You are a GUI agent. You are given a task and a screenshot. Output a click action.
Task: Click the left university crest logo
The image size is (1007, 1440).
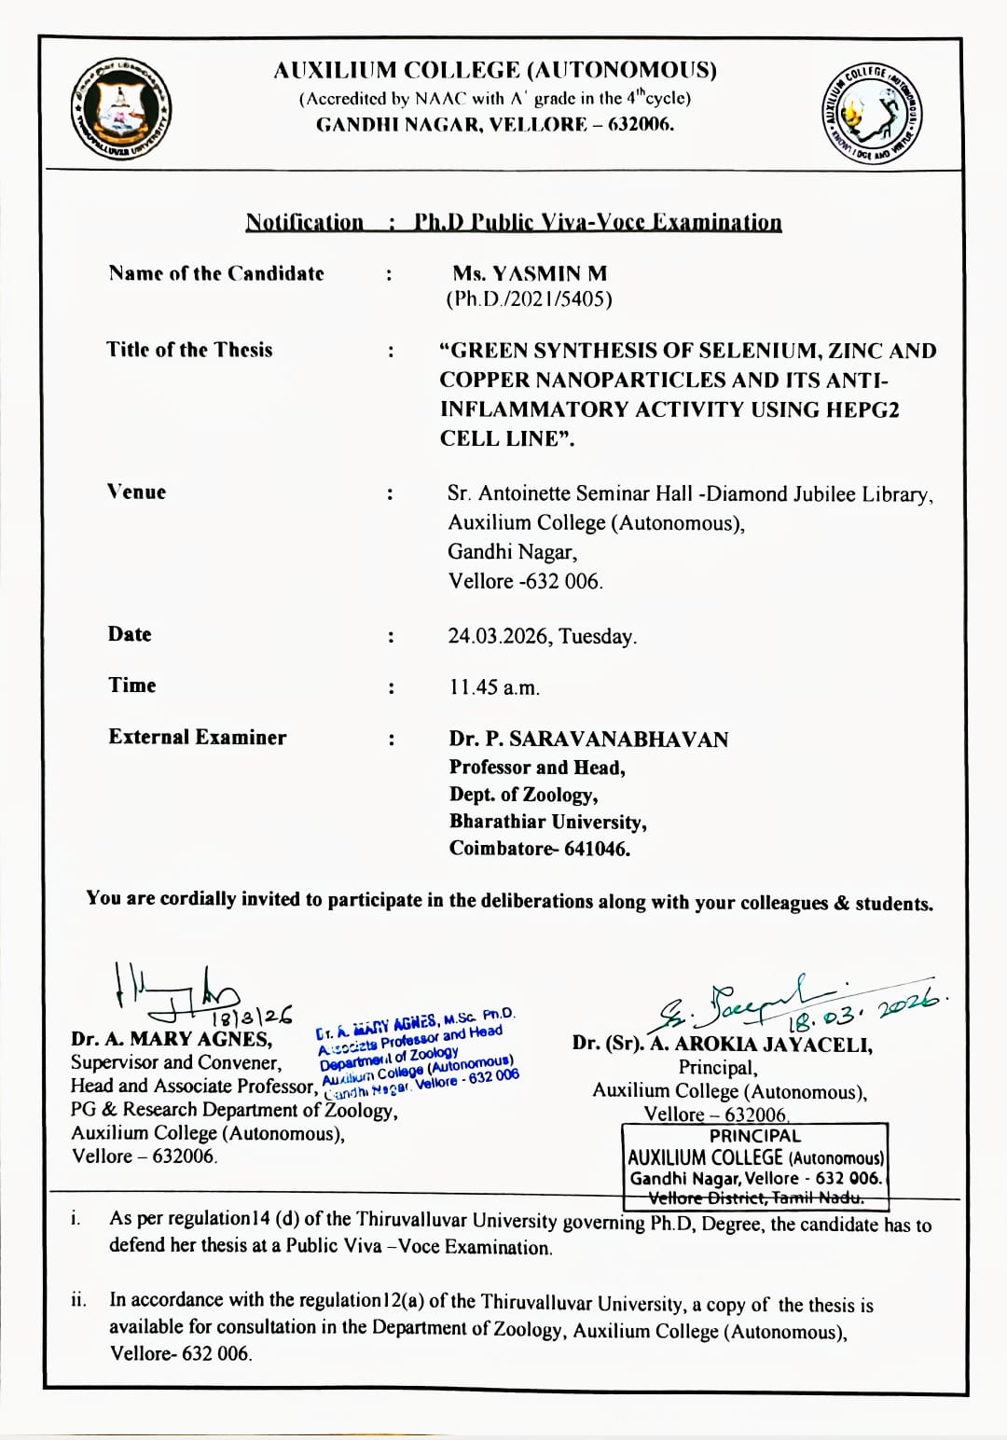122,109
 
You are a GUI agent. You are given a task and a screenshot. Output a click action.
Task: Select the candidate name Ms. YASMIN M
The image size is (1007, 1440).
530,274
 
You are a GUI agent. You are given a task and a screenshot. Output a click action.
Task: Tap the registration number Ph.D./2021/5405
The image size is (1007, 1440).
529,299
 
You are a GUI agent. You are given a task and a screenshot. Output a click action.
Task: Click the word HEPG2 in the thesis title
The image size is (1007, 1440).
858,409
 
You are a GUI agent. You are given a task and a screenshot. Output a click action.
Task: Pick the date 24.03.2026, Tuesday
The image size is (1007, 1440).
543,636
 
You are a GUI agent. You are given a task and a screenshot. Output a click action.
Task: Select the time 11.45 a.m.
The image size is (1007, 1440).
494,688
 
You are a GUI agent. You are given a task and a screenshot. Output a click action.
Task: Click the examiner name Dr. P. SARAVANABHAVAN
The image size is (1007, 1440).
588,740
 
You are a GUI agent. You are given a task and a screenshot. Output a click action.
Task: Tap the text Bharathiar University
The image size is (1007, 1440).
547,822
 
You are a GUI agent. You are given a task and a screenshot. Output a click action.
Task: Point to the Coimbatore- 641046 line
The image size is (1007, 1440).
539,849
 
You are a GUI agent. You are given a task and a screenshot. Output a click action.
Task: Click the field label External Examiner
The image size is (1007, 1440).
197,738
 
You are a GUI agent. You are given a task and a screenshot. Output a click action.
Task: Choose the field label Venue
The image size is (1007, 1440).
136,492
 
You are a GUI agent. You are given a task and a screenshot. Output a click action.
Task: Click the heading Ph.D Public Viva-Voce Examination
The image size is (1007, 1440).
598,223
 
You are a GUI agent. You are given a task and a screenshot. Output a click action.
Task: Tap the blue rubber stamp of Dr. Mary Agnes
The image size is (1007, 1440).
417,1051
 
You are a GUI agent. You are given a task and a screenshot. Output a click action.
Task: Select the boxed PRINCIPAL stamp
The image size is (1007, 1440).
755,1166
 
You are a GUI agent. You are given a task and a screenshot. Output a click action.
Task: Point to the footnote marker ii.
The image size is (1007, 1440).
78,1300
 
